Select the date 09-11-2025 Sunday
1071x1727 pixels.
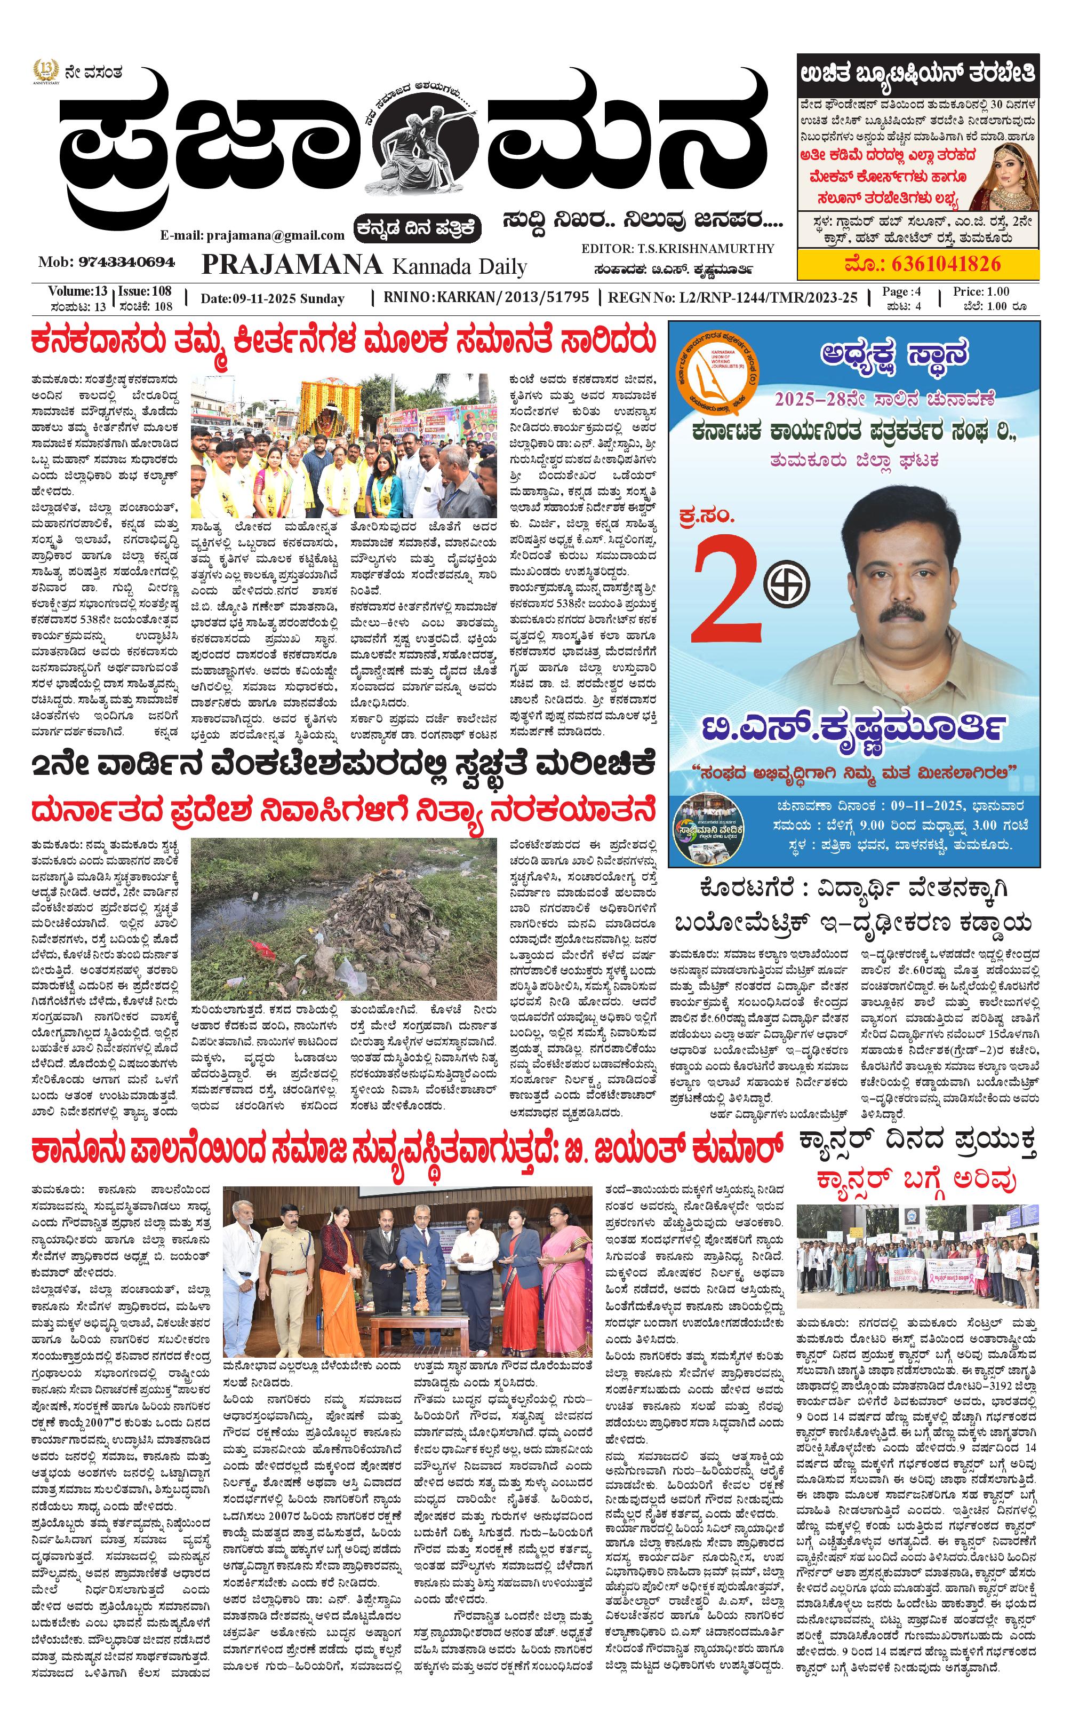[x=272, y=298]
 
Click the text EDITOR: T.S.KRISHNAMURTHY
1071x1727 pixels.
[x=677, y=249]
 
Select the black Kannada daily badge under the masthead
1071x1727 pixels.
[x=418, y=228]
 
